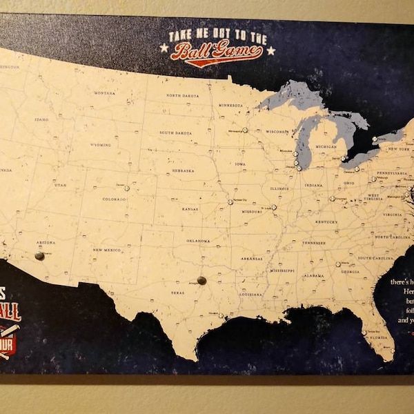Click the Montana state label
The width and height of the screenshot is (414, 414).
pos(105,92)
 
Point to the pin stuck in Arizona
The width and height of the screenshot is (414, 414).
pos(39,256)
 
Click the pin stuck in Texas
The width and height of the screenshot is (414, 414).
pos(201,280)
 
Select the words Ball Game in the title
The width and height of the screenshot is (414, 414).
pos(217,52)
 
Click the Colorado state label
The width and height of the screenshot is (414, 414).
pos(115,199)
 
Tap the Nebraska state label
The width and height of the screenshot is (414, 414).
pos(183,170)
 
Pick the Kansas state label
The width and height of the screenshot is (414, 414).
pos(190,208)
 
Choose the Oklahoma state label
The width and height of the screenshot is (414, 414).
pos(198,241)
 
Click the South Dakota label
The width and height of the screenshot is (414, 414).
pos(176,132)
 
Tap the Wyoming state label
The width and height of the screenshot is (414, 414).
pos(100,145)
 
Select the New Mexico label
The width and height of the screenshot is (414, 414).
pos(108,250)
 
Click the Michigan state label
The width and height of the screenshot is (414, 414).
pos(326,147)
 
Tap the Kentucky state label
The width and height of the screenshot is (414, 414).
pos(326,222)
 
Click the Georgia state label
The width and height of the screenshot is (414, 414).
pos(350,271)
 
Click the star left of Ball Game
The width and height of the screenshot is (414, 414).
pos(164,48)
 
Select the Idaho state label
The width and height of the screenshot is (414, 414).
pos(41,119)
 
